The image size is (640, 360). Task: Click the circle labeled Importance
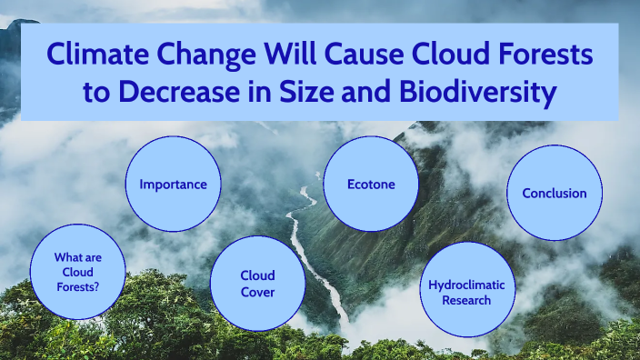coord(173,185)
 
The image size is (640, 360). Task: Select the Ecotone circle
coord(371,184)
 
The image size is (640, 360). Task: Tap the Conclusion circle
coord(554,193)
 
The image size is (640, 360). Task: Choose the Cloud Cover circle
coord(257,283)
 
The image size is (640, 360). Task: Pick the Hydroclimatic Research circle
coord(466,292)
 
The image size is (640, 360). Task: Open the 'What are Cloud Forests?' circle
coord(77,272)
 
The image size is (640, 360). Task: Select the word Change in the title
coord(202,56)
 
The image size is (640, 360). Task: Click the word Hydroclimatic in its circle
coord(466,285)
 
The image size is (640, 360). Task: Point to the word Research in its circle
coord(466,300)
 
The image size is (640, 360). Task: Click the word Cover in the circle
coord(257,291)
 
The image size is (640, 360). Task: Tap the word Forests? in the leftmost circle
coord(77,286)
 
